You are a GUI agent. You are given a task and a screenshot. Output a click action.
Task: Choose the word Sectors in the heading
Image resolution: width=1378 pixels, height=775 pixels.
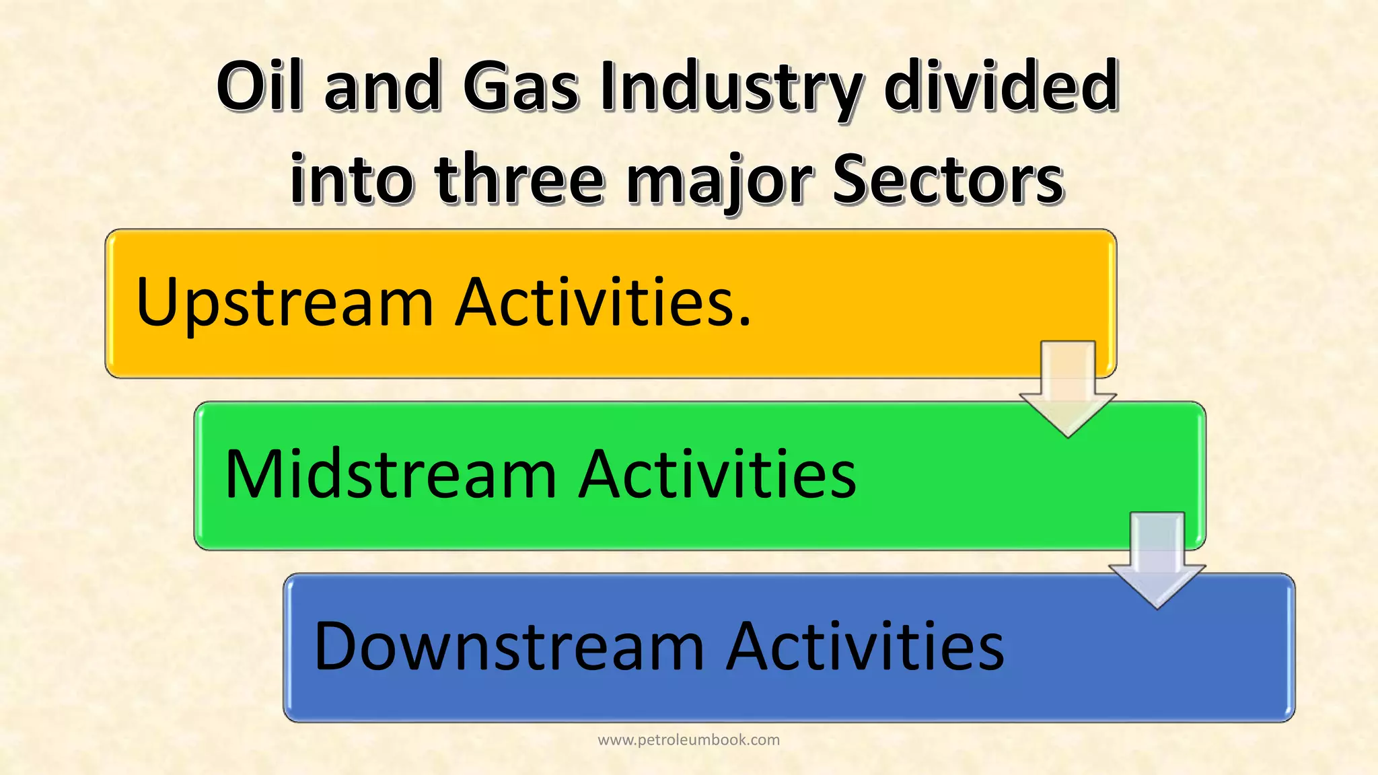[x=948, y=179]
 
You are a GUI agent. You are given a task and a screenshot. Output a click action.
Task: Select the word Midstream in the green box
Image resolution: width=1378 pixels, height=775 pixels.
[x=391, y=474]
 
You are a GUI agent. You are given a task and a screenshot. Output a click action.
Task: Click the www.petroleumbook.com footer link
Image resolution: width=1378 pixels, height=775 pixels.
[x=688, y=740]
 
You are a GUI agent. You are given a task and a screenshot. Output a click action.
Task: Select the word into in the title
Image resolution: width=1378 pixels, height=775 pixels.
[x=351, y=179]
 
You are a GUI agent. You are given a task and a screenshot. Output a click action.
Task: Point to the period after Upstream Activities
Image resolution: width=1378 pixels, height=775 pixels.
[x=744, y=324]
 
